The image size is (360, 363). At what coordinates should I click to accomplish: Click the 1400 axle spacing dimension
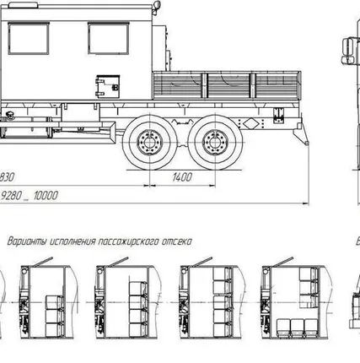pos(182,177)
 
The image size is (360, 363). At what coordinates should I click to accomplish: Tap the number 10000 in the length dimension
pos(46,195)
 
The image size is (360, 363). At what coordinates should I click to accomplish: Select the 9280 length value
pos(12,195)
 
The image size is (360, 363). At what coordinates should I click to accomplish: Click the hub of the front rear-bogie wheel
pos(149,143)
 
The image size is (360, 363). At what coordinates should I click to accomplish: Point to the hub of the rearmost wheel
pos(215,143)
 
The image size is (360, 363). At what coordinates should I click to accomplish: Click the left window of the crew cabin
pos(29,39)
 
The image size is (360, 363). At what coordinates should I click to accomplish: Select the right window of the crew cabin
pos(109,39)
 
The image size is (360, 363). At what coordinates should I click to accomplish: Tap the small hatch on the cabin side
pos(108,86)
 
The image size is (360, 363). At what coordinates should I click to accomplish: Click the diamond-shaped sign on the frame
pos(250,123)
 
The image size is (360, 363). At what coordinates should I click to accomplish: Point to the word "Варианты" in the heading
pos(27,241)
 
